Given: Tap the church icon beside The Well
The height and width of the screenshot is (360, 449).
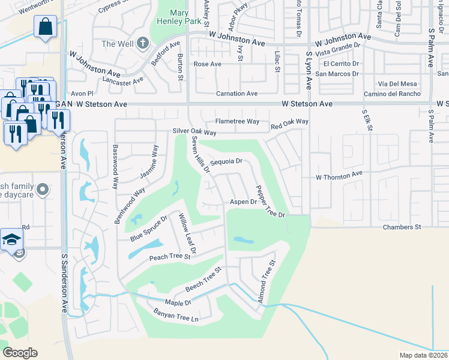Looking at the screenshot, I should pyautogui.click(x=142, y=43).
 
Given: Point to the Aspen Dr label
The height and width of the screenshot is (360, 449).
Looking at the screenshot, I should pyautogui.click(x=244, y=202).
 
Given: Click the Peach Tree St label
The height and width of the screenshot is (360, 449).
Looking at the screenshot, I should pyautogui.click(x=169, y=257).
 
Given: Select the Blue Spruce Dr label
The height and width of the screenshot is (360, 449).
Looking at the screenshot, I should pyautogui.click(x=149, y=228).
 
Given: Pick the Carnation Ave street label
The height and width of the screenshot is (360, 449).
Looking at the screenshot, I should pyautogui.click(x=237, y=94).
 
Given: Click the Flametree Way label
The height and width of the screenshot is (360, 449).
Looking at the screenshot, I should pyautogui.click(x=237, y=121).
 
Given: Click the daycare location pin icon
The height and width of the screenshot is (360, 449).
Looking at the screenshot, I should pyautogui.click(x=41, y=190).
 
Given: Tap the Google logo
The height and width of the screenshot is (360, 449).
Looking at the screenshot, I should pyautogui.click(x=20, y=352).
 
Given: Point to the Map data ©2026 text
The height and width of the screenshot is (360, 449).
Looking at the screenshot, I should pyautogui.click(x=423, y=355).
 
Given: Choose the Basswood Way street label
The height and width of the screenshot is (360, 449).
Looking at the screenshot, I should pyautogui.click(x=115, y=167).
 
